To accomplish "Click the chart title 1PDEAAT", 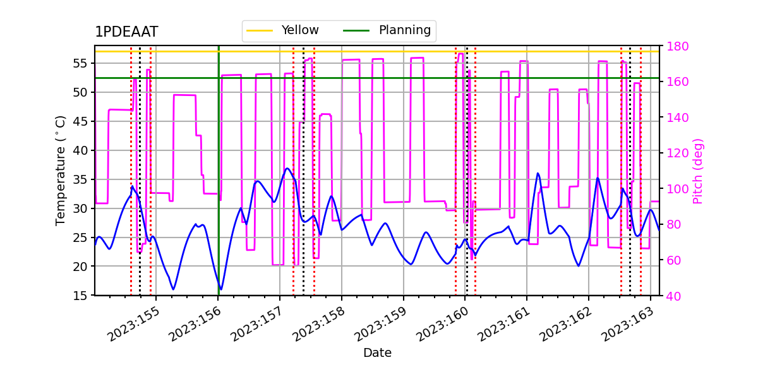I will click(126, 32).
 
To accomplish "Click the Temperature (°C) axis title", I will click(61, 170).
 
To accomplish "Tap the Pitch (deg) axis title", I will click(697, 171).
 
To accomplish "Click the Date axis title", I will click(377, 353).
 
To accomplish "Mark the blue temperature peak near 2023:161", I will click(538, 173).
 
